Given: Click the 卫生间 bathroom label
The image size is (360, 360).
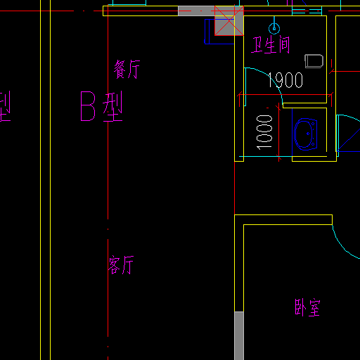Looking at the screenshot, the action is tap(270, 45).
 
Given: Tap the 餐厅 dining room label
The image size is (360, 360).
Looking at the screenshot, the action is tap(127, 69).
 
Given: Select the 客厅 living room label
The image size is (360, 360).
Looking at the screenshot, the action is tap(121, 265).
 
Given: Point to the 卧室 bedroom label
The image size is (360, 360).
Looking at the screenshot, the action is tap(307, 307).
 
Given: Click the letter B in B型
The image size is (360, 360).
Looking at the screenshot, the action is tap(88, 106).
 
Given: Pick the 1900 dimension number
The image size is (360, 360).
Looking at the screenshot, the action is tap(285, 80).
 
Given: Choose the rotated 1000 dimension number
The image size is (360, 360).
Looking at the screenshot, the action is tap(264, 132).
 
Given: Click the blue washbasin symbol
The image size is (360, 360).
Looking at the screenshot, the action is tap(305, 134).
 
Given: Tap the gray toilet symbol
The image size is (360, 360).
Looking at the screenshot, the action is tap(314, 61).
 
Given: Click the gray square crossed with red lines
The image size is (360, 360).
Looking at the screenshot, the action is tap(229, 21).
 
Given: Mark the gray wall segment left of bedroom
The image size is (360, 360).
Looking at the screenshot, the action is tap(239, 335).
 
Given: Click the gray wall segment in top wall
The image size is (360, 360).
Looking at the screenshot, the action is tap(196, 11).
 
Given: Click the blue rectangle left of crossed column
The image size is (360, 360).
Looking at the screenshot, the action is tap(219, 32).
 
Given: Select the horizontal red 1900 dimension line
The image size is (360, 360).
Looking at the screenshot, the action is tap(285, 95).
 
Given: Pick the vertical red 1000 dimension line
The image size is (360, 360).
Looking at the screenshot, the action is tap(278, 132).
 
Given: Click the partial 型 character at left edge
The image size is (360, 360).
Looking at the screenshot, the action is tap(5, 106).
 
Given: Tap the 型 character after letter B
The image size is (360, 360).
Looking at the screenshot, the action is tap(112, 107).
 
